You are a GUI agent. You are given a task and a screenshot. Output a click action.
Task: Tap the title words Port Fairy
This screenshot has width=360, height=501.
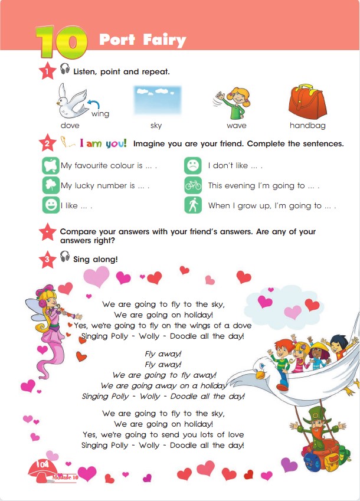(142, 40)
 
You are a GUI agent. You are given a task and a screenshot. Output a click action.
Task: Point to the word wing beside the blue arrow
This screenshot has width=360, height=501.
(100, 114)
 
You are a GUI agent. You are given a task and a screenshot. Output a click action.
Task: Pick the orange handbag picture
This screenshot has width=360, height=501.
(307, 100)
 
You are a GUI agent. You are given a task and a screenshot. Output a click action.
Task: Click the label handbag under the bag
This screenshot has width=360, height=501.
(308, 126)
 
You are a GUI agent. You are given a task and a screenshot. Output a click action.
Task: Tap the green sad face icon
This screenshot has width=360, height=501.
(192, 166)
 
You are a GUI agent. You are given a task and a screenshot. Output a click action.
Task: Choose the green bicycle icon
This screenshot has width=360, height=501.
(192, 185)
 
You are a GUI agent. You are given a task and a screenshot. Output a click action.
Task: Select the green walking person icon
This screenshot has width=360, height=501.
(192, 205)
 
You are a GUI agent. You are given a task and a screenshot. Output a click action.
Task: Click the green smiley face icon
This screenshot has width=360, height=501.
(51, 205)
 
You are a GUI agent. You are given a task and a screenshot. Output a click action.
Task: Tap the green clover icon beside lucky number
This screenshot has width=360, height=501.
(51, 185)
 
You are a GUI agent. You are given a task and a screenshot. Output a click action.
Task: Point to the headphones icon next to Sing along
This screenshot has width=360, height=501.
(65, 257)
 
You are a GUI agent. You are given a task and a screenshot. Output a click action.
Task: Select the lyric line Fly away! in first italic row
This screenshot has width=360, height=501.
(163, 354)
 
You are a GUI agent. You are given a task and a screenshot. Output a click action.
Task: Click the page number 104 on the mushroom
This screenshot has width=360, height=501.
(42, 465)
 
